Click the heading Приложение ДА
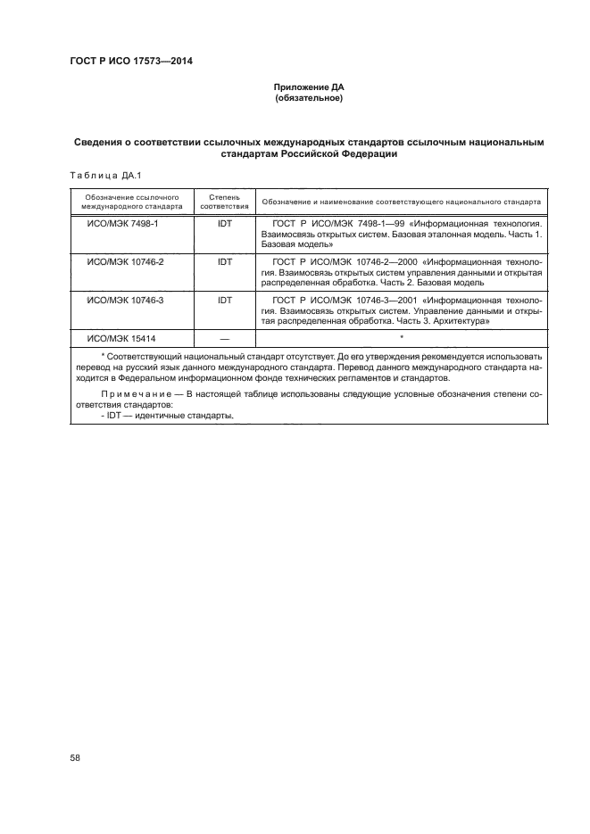[x=309, y=87]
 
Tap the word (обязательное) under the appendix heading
[x=309, y=97]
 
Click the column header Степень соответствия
[x=224, y=200]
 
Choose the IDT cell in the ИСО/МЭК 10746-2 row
[x=224, y=263]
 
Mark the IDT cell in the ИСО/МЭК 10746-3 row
[x=224, y=301]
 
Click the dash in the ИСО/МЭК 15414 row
[x=224, y=338]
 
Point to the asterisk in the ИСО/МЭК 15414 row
[x=403, y=336]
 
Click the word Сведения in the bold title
[x=99, y=142]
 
